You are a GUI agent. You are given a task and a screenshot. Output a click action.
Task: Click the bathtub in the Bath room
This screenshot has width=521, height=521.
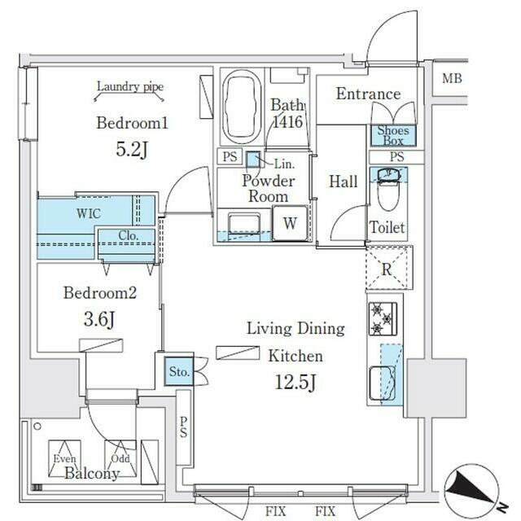pyautogui.click(x=242, y=107)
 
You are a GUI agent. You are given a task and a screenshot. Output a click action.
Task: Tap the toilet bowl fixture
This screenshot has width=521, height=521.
pyautogui.click(x=388, y=190)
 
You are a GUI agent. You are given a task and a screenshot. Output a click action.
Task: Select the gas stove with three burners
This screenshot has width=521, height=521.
pyautogui.click(x=383, y=318)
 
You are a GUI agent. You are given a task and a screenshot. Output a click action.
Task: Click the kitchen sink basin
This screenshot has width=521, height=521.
pyautogui.click(x=383, y=383)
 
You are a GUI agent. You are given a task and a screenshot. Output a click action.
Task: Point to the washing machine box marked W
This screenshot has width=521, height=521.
pyautogui.click(x=290, y=223)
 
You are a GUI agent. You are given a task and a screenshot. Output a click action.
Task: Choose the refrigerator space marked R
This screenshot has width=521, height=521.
pyautogui.click(x=387, y=268)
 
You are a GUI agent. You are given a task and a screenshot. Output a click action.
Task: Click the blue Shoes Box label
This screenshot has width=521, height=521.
pyautogui.click(x=393, y=136)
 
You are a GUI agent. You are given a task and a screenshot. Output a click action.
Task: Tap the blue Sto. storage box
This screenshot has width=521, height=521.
pyautogui.click(x=179, y=371)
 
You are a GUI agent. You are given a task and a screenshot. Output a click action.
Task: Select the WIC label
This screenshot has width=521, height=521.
pyautogui.click(x=89, y=213)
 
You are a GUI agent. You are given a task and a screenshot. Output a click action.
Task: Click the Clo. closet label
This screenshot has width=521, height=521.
pyautogui.click(x=129, y=235)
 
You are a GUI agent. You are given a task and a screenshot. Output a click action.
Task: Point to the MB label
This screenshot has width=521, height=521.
pyautogui.click(x=452, y=78)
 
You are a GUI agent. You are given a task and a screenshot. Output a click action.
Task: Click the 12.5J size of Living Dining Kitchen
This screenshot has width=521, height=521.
pyautogui.click(x=295, y=382)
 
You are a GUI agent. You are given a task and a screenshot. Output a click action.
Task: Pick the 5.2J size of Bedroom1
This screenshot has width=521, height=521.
pyautogui.click(x=132, y=149)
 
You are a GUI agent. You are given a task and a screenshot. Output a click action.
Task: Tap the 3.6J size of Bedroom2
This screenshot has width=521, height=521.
pyautogui.click(x=99, y=319)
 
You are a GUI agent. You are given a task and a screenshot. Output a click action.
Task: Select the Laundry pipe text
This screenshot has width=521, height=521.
pyautogui.click(x=130, y=87)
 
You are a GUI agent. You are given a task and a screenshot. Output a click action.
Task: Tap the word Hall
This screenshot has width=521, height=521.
pyautogui.click(x=344, y=182)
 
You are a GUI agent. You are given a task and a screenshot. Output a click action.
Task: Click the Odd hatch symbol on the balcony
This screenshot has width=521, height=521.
pyautogui.click(x=120, y=458)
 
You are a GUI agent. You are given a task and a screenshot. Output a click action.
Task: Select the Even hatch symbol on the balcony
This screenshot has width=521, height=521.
pyautogui.click(x=64, y=458)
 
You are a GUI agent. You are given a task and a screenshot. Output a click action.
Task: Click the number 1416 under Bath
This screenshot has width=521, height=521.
pyautogui.click(x=287, y=121)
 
